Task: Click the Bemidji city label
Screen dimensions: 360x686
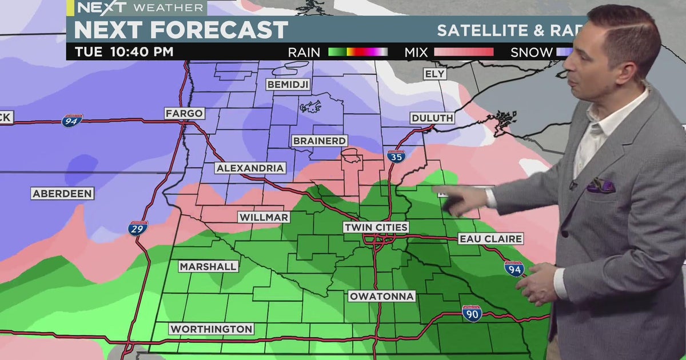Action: [288, 85]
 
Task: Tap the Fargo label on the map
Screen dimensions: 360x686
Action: [184, 113]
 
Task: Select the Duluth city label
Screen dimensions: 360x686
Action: [432, 118]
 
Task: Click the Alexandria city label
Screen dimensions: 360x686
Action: [250, 168]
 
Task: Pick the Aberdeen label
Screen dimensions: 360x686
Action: [62, 194]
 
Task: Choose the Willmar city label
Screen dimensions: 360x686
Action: [264, 217]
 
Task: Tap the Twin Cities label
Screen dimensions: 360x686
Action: [376, 227]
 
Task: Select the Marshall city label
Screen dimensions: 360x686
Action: [208, 266]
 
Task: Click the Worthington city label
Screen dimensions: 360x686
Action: [212, 329]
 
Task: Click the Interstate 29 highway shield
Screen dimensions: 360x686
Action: [138, 229]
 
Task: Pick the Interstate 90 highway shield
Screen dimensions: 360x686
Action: [472, 313]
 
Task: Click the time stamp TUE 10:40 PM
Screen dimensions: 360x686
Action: [123, 52]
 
